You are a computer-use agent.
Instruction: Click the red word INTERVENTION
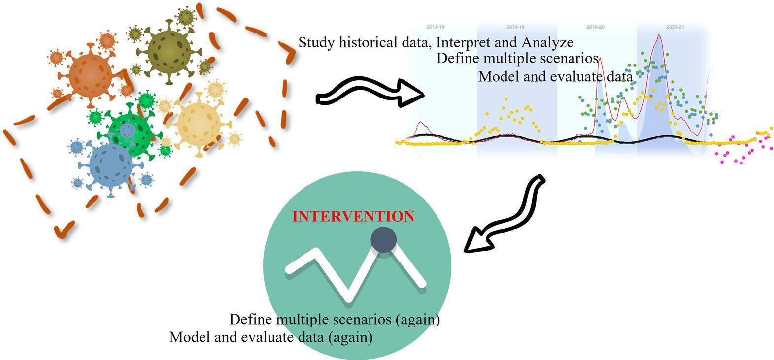(353, 217)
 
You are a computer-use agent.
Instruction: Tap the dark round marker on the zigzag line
(383, 240)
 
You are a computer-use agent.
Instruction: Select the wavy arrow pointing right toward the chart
(370, 93)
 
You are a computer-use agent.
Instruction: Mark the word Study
(317, 43)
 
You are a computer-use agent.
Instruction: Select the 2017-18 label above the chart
(435, 26)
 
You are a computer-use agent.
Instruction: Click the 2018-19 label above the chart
(515, 26)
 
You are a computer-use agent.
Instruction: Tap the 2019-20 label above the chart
(595, 26)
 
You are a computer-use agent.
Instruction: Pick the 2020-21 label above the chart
(675, 26)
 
